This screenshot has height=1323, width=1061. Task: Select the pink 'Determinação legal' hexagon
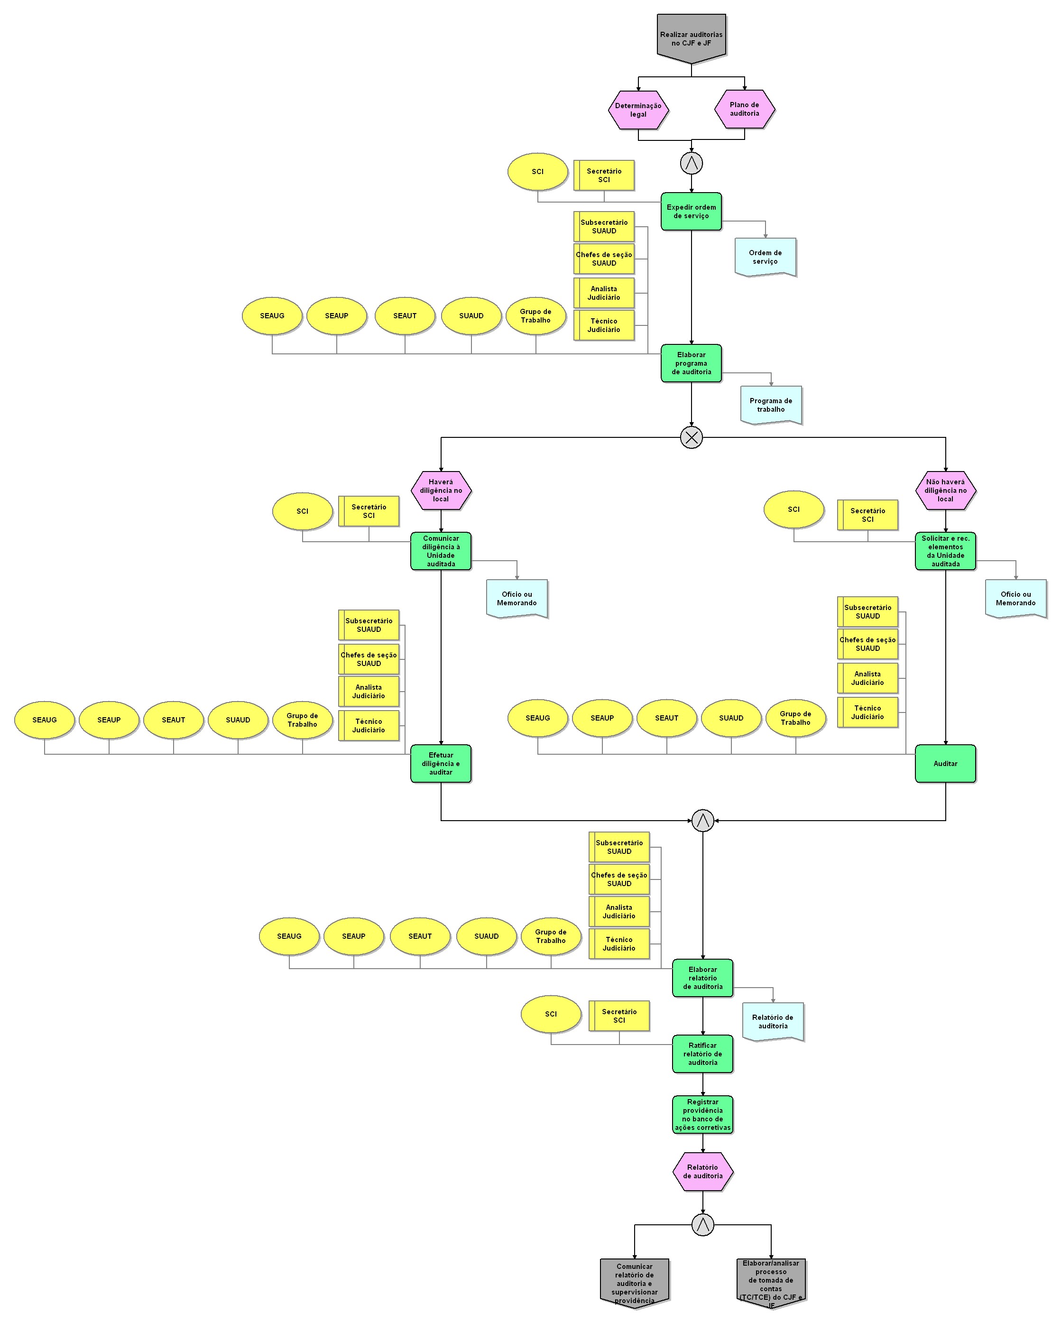pos(638,110)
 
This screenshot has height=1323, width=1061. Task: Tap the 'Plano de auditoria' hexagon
pos(744,109)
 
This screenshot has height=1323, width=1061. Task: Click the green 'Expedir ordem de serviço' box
pos(691,212)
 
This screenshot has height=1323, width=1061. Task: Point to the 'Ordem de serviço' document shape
pos(765,257)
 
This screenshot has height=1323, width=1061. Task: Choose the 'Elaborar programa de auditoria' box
pos(691,363)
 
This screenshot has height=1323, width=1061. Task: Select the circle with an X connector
pos(692,437)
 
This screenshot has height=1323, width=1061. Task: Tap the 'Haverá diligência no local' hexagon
pos(441,490)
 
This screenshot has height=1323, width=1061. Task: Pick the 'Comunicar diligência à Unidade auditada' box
pos(441,551)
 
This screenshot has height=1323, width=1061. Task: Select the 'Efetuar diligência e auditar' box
pos(441,763)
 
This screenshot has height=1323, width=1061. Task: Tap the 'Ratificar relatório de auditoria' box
pos(702,1054)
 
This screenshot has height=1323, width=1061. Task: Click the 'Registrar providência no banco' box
pos(702,1114)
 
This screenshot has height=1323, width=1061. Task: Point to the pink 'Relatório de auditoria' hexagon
pos(702,1171)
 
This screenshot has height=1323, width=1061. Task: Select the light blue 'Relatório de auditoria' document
pos(773,1022)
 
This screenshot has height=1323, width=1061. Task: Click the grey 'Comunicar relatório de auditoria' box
pos(635,1283)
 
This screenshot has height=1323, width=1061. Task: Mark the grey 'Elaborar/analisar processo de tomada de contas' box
pos(771,1281)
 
